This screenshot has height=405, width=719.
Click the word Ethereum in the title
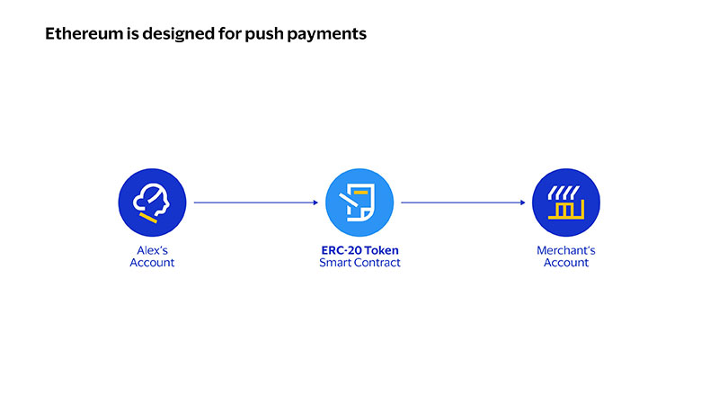(x=84, y=33)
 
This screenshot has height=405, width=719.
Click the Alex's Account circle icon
(x=152, y=202)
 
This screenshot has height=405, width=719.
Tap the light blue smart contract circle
(x=359, y=202)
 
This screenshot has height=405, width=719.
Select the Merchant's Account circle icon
(x=566, y=202)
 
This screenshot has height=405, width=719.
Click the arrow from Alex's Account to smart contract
(x=256, y=202)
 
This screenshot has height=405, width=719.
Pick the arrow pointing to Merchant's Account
(x=463, y=202)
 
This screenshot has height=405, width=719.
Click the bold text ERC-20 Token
(x=360, y=250)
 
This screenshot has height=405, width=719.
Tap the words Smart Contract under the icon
(x=360, y=263)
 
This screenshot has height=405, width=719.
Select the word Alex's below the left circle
(x=152, y=250)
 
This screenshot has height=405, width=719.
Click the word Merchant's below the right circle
(x=566, y=250)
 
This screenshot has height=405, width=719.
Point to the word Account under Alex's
(x=152, y=263)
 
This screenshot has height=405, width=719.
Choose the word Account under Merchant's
(x=566, y=263)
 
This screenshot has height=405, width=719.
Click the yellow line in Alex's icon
(x=148, y=218)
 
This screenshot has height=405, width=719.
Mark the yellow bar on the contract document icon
(x=361, y=193)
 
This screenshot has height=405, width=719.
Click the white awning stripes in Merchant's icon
(x=564, y=193)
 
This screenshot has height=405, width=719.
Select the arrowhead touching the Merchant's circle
(x=523, y=202)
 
